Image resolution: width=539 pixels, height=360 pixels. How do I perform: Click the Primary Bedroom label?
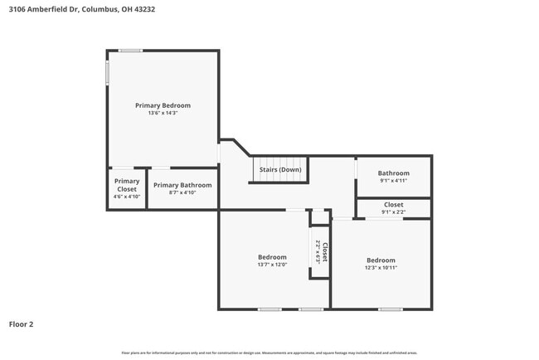tap(163, 105)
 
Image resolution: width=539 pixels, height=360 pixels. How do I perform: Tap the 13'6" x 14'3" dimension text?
tap(163, 113)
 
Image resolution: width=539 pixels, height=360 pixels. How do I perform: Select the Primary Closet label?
tap(127, 185)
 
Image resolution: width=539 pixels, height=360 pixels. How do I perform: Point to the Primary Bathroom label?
tap(182, 185)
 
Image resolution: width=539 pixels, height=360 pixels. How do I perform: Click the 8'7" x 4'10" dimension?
tap(182, 192)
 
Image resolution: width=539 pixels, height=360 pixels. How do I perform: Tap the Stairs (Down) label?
tap(280, 170)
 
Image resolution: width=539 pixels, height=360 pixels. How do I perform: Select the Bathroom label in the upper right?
tap(394, 173)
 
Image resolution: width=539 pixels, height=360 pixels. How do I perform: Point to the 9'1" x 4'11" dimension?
tap(394, 181)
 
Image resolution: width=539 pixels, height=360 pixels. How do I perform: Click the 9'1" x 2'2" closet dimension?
tap(394, 212)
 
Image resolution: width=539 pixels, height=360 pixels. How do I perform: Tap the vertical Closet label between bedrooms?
tap(324, 252)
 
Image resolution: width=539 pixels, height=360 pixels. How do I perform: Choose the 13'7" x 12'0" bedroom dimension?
tap(272, 265)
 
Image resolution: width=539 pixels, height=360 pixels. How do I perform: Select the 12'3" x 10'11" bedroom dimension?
tap(381, 267)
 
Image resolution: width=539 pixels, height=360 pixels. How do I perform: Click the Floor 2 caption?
tap(22, 324)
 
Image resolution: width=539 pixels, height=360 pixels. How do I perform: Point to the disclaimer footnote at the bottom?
tap(269, 353)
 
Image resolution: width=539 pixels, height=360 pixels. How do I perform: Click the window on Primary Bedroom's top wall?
tap(129, 51)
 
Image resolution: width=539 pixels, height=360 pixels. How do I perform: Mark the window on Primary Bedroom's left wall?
tap(107, 72)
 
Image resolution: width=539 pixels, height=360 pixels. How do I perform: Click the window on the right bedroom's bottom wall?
tap(391, 309)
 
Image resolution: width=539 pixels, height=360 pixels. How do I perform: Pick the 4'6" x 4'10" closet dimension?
tap(127, 197)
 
